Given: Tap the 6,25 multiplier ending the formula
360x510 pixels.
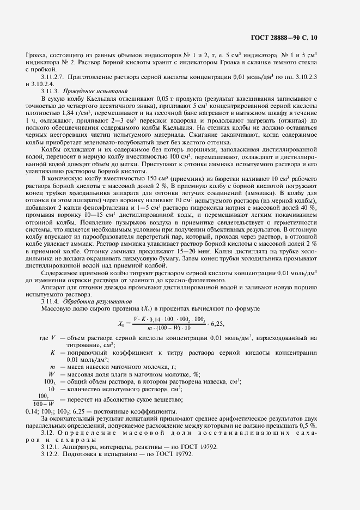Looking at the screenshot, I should (225, 323).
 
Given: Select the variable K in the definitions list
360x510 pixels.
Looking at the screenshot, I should (52, 353).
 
